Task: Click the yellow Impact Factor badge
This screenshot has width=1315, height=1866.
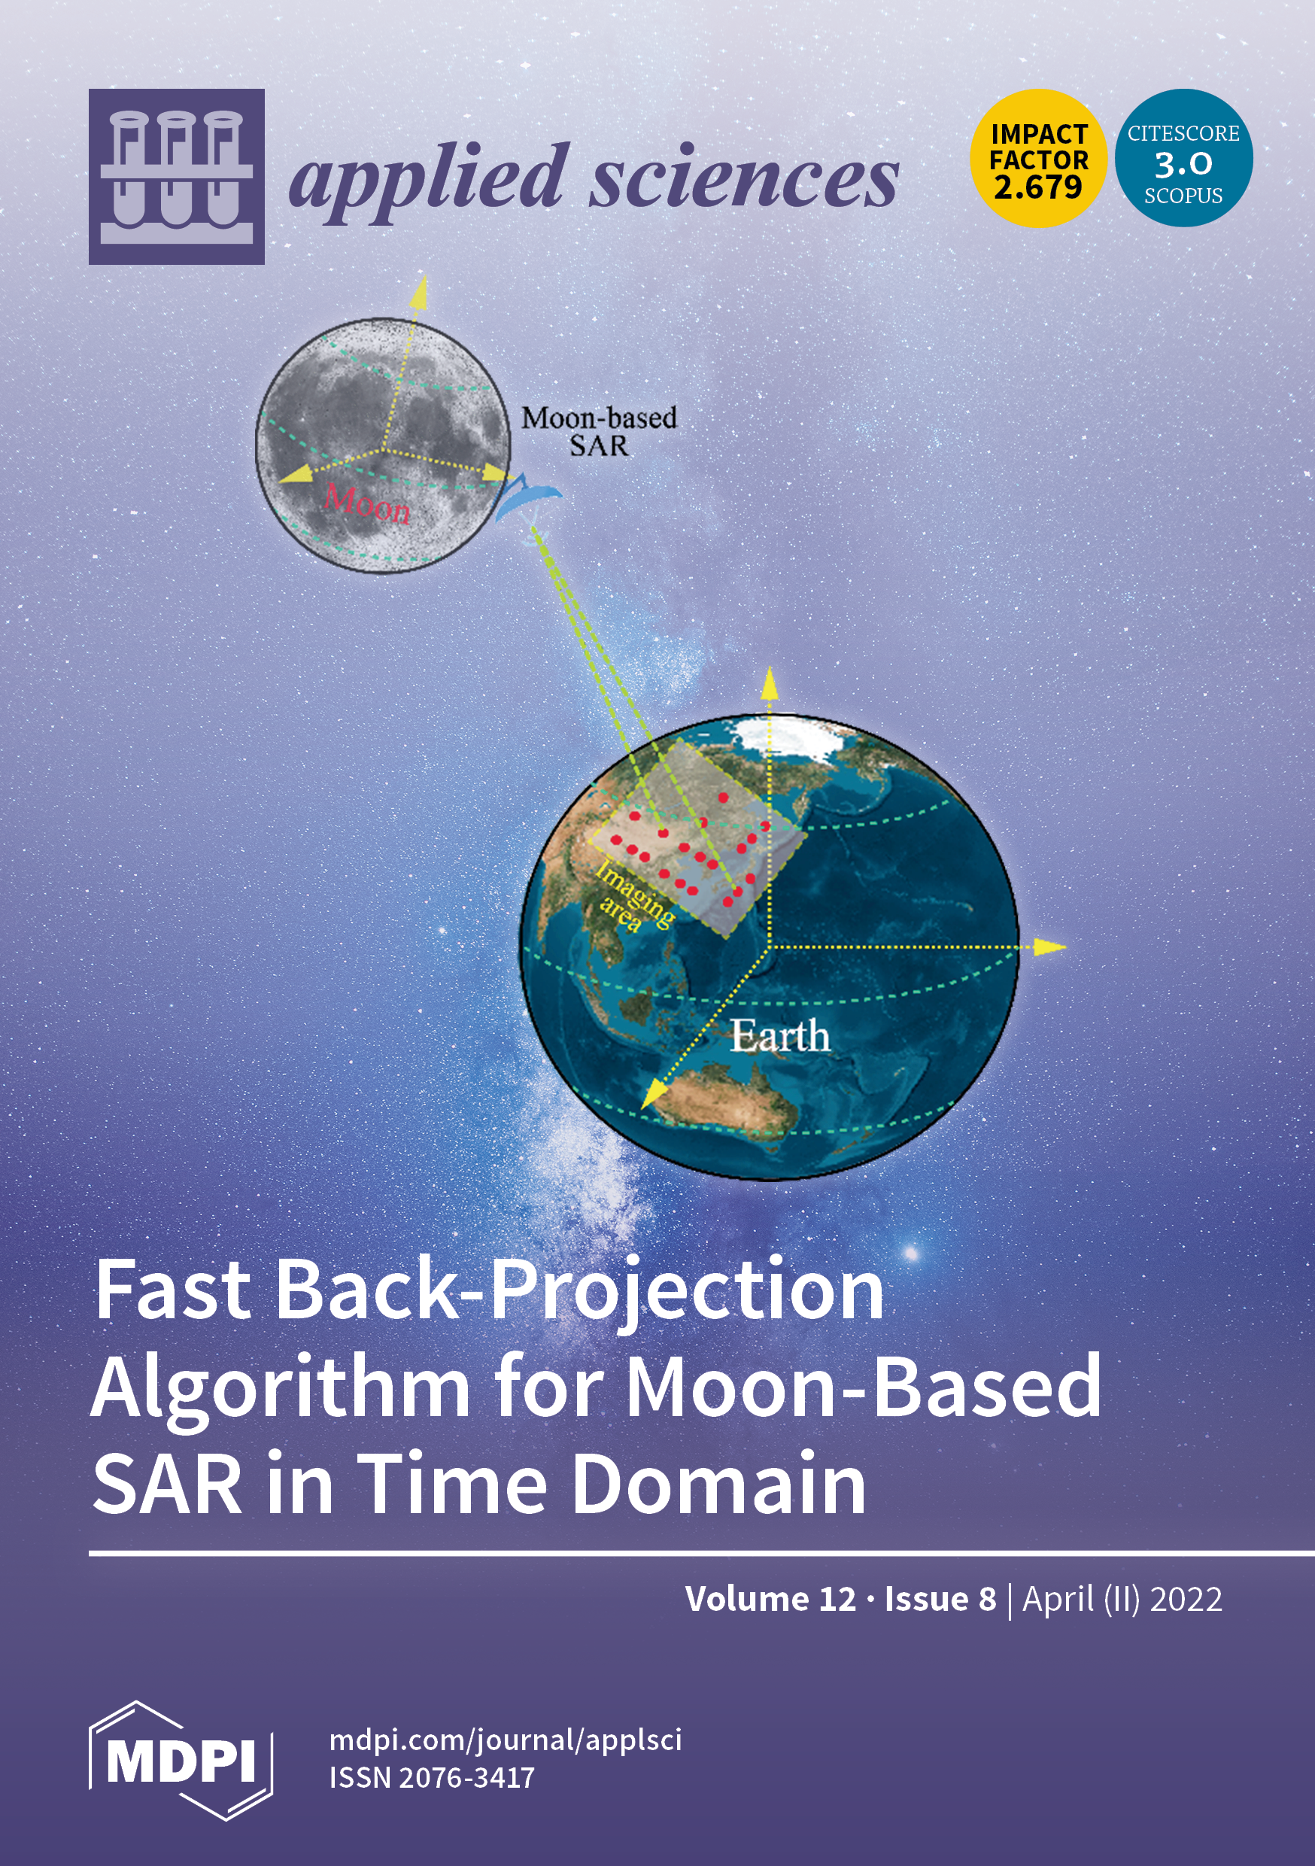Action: [1039, 158]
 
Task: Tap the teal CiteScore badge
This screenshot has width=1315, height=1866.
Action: [1183, 158]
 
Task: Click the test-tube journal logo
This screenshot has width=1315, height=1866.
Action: [176, 176]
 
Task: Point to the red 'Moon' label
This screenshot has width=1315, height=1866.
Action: [367, 504]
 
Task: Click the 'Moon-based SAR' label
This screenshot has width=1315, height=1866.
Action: [599, 432]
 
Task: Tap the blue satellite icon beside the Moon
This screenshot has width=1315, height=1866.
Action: [527, 497]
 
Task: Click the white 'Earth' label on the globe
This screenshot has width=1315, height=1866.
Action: [779, 1035]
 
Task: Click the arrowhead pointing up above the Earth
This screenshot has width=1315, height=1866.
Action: [769, 683]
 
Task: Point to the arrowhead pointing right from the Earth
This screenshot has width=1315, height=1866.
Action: [1050, 946]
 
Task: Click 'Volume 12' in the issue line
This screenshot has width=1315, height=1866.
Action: [770, 1599]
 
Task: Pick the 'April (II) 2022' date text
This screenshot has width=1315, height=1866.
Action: [1122, 1599]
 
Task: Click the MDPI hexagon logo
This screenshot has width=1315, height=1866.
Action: [181, 1761]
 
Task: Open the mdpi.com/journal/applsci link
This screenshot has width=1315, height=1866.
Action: [506, 1740]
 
